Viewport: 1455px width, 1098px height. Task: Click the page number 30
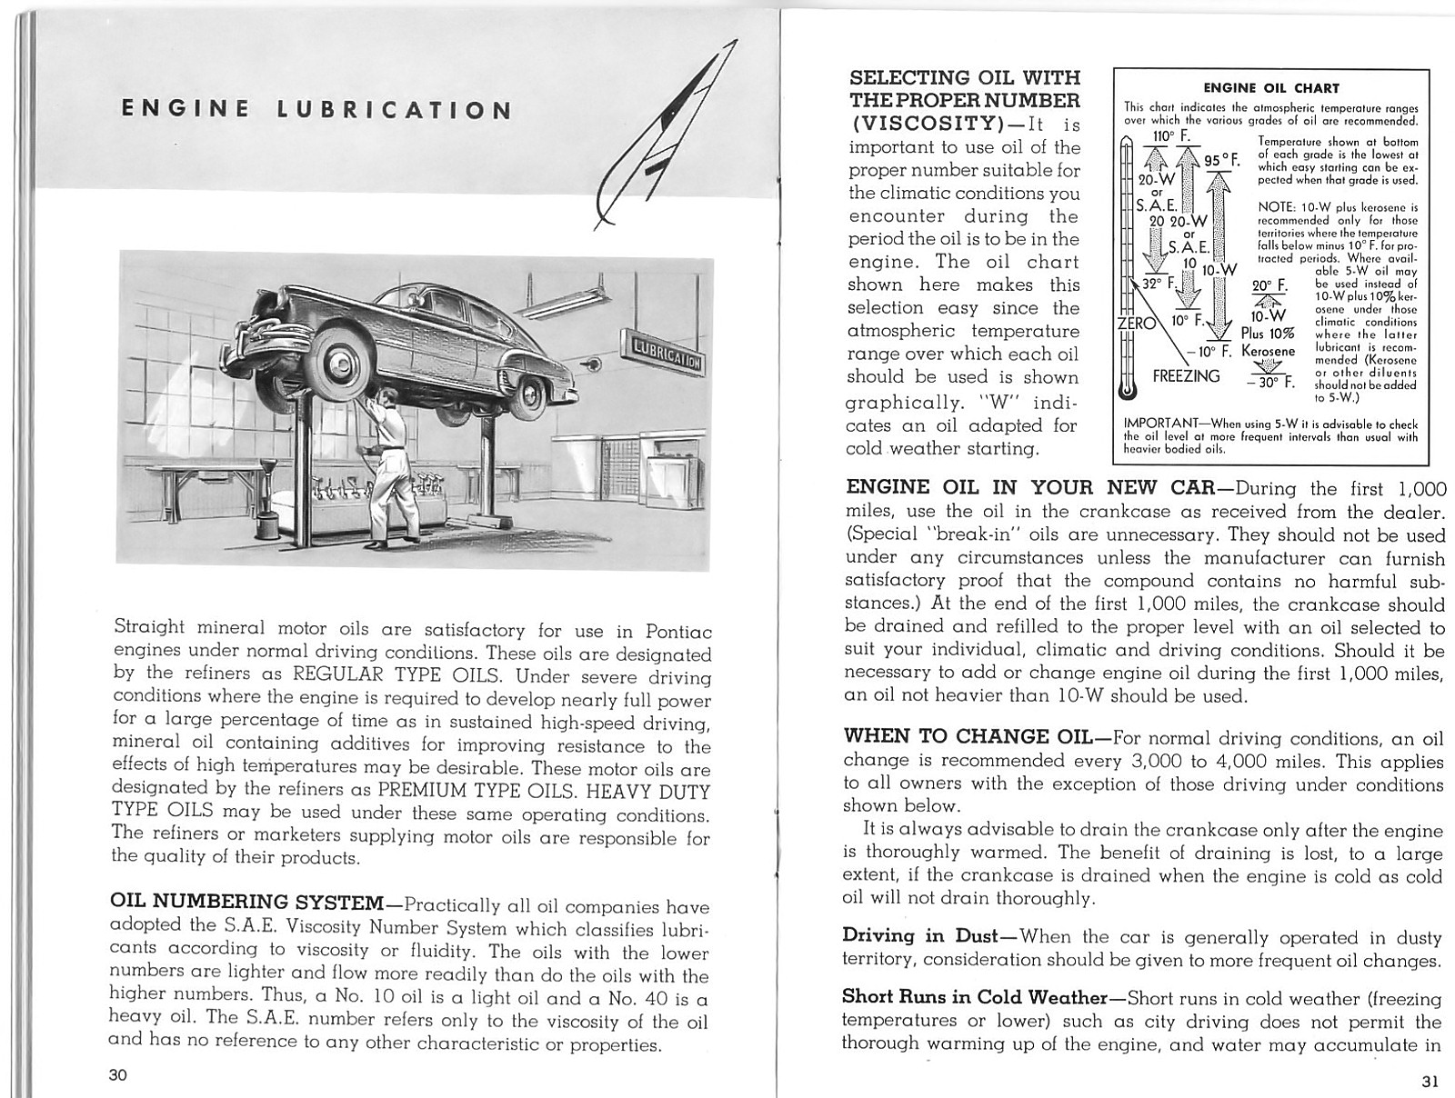click(x=118, y=1075)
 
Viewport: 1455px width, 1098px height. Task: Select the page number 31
click(x=1430, y=1081)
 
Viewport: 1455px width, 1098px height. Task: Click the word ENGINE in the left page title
click(x=186, y=110)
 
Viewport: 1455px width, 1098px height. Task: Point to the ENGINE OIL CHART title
click(x=1271, y=88)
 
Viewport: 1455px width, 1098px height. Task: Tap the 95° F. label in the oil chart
click(x=1222, y=160)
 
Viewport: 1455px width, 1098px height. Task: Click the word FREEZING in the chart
click(x=1186, y=375)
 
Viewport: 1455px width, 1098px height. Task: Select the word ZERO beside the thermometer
click(x=1136, y=323)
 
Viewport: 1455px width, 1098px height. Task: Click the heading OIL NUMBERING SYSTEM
click(x=246, y=903)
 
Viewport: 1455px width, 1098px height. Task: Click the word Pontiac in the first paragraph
click(x=677, y=630)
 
